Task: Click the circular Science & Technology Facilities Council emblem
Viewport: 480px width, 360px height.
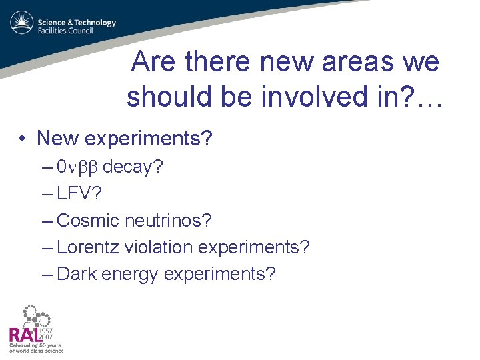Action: [21, 23]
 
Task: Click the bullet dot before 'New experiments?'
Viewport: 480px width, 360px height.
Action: [23, 139]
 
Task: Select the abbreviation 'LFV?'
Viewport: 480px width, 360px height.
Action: [79, 194]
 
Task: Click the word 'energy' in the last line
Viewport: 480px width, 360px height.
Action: [129, 274]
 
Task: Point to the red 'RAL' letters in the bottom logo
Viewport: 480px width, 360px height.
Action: [23, 335]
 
